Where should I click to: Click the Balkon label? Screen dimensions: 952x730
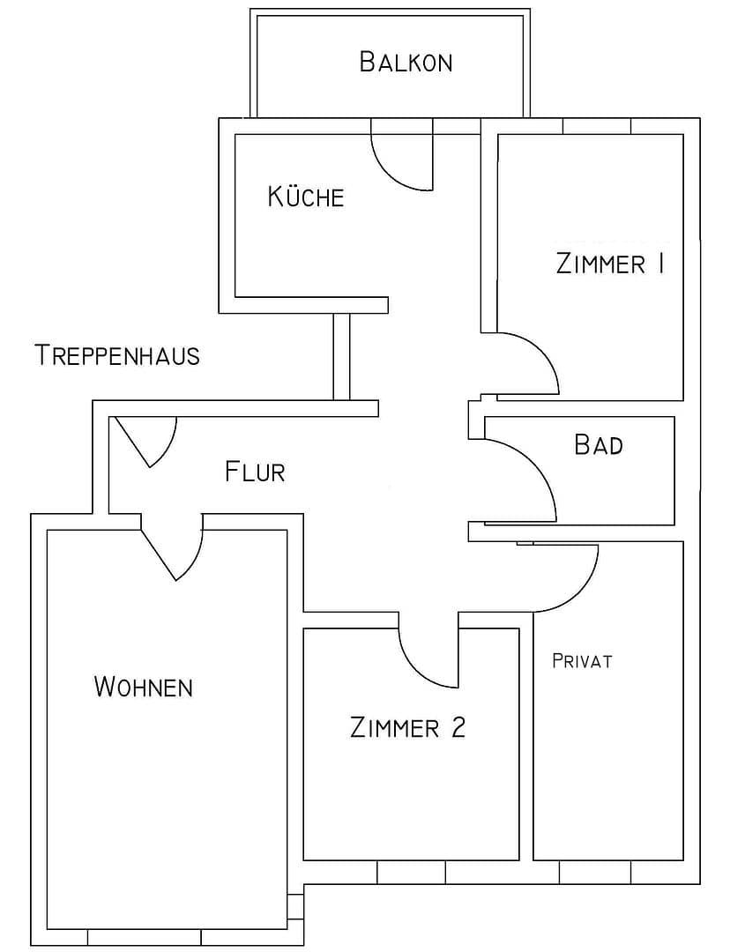point(406,63)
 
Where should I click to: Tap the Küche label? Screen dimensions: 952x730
point(306,197)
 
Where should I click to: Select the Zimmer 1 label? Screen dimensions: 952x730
point(609,264)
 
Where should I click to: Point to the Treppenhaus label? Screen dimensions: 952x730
point(117,355)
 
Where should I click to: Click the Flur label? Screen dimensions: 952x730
point(255,472)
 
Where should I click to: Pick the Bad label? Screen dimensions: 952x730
point(599,444)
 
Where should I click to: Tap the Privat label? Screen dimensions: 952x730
point(582,661)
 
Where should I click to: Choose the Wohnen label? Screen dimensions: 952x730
point(143,687)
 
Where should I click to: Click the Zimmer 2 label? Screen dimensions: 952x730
point(407,728)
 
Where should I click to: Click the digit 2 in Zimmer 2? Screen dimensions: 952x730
point(456,728)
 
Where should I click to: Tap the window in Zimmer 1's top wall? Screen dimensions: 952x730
point(597,125)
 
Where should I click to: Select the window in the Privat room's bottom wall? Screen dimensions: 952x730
point(595,872)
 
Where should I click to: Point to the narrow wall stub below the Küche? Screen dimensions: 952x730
point(341,357)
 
